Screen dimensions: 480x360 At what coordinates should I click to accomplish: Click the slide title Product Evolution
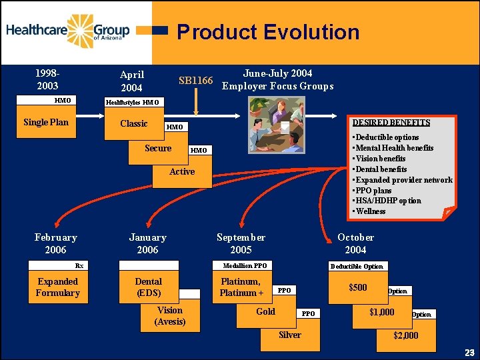click(x=268, y=32)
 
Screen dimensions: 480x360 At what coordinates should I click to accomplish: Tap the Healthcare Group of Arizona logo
click(x=68, y=31)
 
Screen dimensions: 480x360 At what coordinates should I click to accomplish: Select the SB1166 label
click(x=195, y=81)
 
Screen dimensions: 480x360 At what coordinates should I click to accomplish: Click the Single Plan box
click(x=46, y=122)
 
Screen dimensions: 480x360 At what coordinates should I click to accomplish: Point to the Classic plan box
click(x=134, y=123)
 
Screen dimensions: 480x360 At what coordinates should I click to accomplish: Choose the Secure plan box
click(x=158, y=148)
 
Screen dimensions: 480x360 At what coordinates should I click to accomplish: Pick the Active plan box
click(x=182, y=171)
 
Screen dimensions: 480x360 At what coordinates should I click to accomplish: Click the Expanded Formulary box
click(x=58, y=287)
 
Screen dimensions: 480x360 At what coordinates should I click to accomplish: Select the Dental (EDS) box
click(x=148, y=287)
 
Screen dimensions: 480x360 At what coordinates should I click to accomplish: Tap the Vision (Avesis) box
click(x=170, y=315)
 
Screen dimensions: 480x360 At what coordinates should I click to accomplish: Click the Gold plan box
click(x=265, y=311)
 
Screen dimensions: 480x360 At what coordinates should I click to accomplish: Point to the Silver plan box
click(x=289, y=335)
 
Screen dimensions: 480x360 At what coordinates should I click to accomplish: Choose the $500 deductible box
click(x=358, y=287)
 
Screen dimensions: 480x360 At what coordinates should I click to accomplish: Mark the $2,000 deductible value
click(x=406, y=335)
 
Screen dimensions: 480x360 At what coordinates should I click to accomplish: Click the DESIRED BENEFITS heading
click(x=391, y=123)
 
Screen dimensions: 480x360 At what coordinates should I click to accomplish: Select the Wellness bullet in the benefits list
click(x=371, y=211)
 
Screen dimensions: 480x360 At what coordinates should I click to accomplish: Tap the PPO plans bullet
click(x=373, y=190)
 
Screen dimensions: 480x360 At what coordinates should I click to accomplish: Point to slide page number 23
click(x=469, y=352)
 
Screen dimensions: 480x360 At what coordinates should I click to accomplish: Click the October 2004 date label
click(x=355, y=243)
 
